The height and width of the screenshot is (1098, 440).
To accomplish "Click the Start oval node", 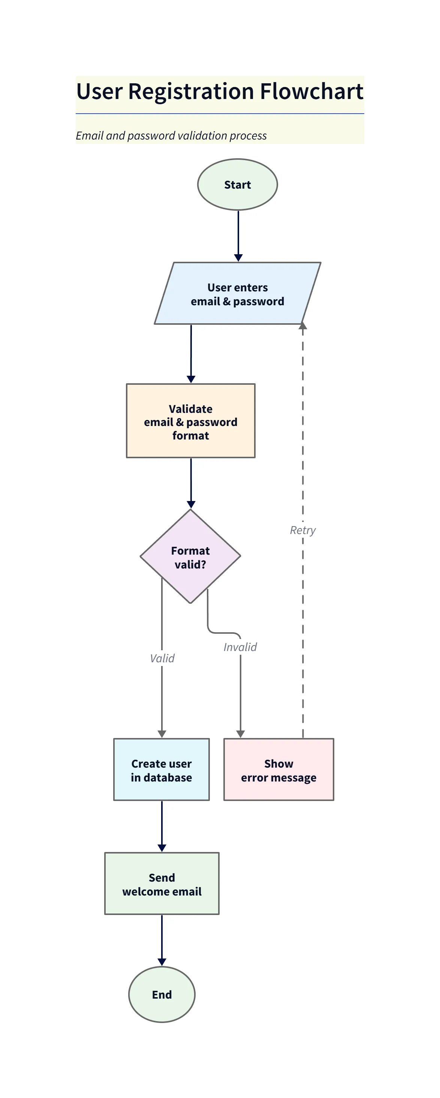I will tap(237, 184).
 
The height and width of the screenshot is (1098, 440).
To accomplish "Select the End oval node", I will tap(162, 994).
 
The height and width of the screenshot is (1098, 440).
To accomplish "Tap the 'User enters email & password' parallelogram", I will tap(237, 294).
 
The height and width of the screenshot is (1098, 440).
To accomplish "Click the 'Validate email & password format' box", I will tap(190, 421).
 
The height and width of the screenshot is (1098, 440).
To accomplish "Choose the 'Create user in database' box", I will tap(161, 770).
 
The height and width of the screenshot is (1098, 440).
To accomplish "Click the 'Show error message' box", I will tap(278, 770).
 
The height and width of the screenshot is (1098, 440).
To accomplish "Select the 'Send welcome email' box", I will tap(162, 883).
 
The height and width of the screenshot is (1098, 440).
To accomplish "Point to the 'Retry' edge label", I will tap(302, 530).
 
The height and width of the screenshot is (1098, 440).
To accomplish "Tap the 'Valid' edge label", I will tap(162, 658).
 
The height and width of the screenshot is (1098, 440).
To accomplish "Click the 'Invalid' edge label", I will tap(240, 647).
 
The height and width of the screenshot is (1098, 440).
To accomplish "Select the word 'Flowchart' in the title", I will tap(311, 91).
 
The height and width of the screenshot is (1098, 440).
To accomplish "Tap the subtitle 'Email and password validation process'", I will tap(171, 135).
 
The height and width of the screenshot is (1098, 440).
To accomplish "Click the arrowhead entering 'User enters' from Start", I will tap(238, 258).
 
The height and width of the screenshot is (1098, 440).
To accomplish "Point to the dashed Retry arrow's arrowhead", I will tap(303, 326).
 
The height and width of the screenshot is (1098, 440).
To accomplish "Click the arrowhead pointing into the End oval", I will tap(162, 962).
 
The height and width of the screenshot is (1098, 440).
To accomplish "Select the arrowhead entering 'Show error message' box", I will tap(240, 734).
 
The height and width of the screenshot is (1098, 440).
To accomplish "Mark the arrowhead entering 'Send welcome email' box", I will tap(162, 848).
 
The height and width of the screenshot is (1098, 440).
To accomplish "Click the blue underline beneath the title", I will tap(219, 114).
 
